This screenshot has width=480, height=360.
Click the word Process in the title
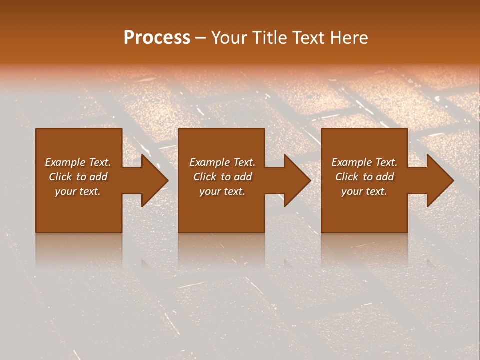tap(157, 38)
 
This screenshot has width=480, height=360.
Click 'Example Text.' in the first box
tap(78, 162)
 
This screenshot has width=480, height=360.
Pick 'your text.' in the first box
tap(78, 191)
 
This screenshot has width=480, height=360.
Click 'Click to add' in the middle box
tap(222, 177)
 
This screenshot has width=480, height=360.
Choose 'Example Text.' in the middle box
tap(222, 162)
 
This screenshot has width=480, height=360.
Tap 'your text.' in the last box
tap(364, 191)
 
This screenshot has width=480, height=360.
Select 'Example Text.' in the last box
tap(364, 162)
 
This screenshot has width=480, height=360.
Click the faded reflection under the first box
tap(78, 250)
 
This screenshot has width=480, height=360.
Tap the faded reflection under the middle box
tap(221, 250)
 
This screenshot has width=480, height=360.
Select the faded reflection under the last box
tap(364, 250)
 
